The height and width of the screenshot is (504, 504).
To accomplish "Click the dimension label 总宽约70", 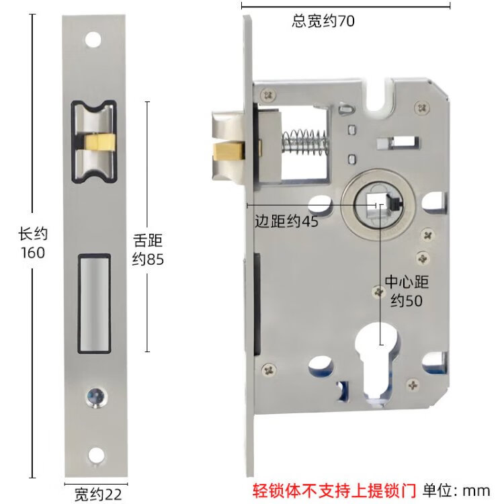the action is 323,22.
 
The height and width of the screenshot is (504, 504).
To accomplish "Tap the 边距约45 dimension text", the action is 286,221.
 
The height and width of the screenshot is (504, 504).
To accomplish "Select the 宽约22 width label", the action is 98,494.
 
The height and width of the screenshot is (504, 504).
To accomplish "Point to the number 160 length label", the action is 33,253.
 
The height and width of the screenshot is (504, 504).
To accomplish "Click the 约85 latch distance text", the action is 148,259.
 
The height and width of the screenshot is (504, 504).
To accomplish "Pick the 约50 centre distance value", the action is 407,300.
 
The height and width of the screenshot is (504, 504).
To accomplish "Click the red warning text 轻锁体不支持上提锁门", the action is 334,491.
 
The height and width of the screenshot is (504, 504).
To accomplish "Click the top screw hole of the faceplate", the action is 93,40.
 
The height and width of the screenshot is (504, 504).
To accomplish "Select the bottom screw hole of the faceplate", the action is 96,454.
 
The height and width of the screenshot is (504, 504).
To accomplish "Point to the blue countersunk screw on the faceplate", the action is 96,397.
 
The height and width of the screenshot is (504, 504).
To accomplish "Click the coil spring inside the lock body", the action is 304,141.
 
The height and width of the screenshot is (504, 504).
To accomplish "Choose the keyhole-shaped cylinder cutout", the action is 378,363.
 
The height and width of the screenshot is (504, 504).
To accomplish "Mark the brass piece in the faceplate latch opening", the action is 99,142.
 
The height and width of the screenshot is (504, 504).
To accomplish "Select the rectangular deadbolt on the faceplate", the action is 95,304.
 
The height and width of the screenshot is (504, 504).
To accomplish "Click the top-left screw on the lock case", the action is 268,95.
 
